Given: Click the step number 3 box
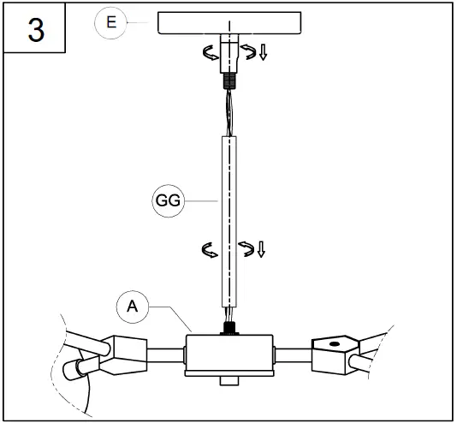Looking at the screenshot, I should (35, 28).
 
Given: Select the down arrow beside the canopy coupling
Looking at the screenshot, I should (263, 53).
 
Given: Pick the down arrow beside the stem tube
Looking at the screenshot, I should (261, 249).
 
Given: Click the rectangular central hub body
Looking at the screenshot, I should (228, 354).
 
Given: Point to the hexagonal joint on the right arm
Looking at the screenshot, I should (335, 351).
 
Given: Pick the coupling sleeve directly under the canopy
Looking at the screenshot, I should (229, 55).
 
